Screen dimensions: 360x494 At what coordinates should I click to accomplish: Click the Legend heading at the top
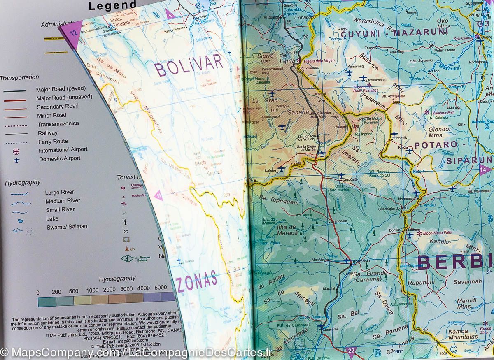point(112,6)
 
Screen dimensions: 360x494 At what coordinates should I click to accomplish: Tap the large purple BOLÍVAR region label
point(189,65)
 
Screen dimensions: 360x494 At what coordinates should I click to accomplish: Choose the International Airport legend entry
point(63,150)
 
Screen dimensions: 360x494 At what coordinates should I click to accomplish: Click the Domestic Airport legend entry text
point(59,158)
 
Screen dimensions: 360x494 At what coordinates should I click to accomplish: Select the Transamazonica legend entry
point(58,124)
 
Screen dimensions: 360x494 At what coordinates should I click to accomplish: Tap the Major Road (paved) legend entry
point(61,89)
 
